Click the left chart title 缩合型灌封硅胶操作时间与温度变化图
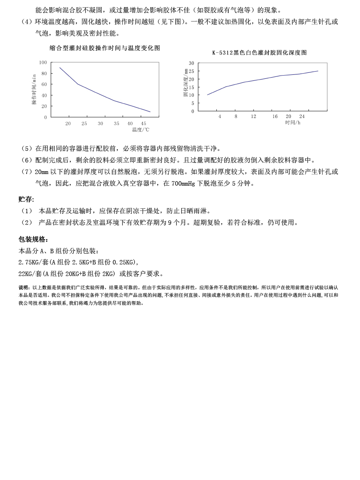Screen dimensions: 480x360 105,48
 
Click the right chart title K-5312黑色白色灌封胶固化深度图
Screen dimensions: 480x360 259,53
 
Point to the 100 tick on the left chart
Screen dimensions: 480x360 43,62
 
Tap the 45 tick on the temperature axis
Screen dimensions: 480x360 143,124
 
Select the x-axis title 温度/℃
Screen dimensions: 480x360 140,130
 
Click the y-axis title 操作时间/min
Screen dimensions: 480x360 34,89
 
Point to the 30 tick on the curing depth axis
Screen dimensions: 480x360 191,63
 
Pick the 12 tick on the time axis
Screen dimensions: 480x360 254,116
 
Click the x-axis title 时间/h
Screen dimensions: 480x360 292,122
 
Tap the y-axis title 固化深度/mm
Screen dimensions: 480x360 186,82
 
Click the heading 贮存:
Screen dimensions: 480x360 26,199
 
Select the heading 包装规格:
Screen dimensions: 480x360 34,239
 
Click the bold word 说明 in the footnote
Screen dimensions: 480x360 24,288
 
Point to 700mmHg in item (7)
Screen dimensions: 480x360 183,184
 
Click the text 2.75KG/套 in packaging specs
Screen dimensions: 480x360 34,262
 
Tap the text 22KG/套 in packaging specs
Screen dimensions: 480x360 30,274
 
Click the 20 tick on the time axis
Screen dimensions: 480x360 288,116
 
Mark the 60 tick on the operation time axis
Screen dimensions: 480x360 44,84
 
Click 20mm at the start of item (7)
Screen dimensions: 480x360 42,172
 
